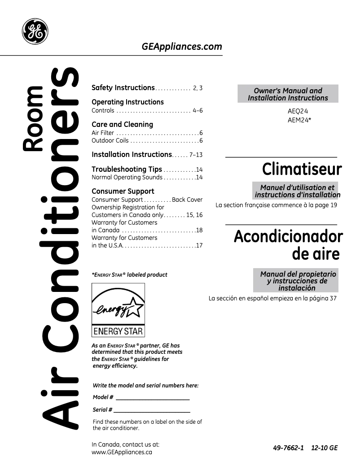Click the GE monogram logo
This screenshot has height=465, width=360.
point(35,31)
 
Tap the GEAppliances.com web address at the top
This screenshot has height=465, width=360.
point(182,47)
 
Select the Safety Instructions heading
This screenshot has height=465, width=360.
point(123,88)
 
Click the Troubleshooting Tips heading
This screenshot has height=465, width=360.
point(127,169)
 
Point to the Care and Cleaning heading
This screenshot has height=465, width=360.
point(122,124)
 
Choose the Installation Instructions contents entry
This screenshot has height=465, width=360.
point(132,155)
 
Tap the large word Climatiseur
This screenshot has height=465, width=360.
point(302,170)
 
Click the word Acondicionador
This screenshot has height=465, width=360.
point(288,236)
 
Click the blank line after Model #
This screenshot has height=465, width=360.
point(153,399)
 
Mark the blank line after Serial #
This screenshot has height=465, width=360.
point(152,411)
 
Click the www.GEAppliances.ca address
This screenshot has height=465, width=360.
point(122,452)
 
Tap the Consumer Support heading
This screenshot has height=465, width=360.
point(123,191)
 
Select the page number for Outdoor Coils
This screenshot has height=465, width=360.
point(201,141)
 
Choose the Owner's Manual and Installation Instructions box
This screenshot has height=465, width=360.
point(288,94)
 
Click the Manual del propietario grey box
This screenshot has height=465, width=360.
point(298,281)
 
